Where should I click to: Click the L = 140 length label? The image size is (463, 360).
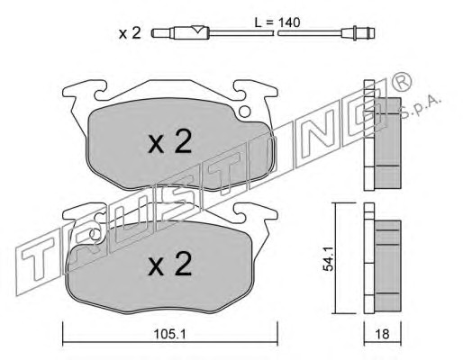pyautogui.click(x=277, y=22)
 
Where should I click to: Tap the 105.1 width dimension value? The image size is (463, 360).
pyautogui.click(x=169, y=334)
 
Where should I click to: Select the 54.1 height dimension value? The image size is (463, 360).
pyautogui.click(x=328, y=259)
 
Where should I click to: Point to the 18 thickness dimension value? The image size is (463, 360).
pyautogui.click(x=382, y=334)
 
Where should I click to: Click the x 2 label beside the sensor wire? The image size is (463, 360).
pyautogui.click(x=130, y=33)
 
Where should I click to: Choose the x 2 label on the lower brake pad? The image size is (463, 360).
pyautogui.click(x=169, y=264)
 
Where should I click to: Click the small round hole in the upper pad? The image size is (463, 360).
pyautogui.click(x=245, y=112)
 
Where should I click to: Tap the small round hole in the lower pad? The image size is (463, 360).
pyautogui.click(x=95, y=234)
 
